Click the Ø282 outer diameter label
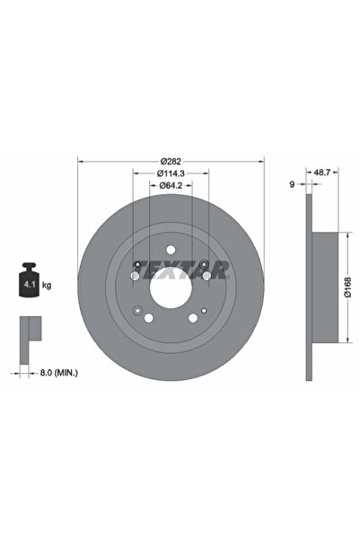(168, 163)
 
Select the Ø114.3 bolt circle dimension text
(168, 173)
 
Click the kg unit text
(47, 285)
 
